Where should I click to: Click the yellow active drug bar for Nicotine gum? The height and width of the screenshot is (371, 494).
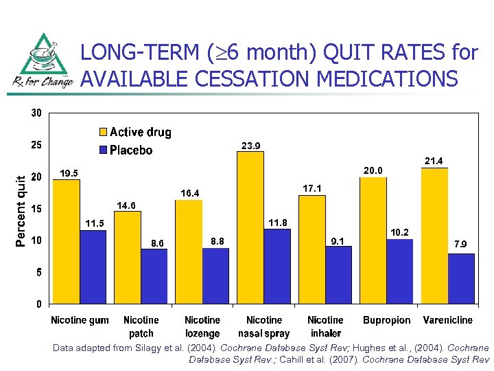(x=67, y=241)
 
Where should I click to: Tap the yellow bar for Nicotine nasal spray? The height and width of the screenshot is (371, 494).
(x=250, y=227)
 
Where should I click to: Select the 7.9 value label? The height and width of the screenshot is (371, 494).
(x=461, y=244)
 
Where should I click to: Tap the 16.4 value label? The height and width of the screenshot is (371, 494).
(x=189, y=193)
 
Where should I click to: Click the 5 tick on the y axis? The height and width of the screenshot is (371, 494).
(x=38, y=272)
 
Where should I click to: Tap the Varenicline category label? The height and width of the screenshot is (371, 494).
(x=448, y=320)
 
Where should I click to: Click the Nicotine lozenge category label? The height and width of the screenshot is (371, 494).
(x=202, y=326)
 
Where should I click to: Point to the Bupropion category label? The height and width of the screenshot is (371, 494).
(x=387, y=320)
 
